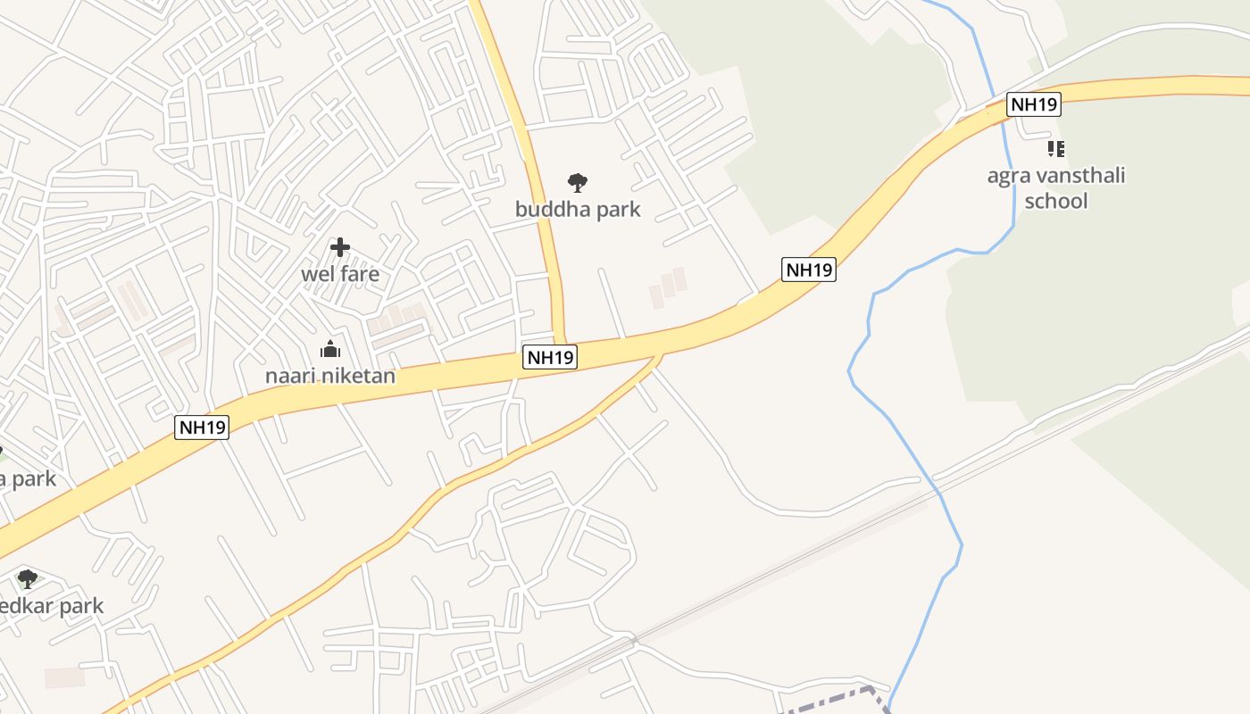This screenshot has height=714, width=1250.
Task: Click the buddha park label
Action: click(x=578, y=210)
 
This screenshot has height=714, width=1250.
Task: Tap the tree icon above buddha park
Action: click(x=578, y=183)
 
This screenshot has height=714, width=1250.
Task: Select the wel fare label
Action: click(x=339, y=274)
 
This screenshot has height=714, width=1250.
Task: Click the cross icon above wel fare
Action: click(x=339, y=247)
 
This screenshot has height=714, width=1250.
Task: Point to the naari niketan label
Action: click(x=330, y=376)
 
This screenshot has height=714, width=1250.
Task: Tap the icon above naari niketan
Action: click(x=330, y=349)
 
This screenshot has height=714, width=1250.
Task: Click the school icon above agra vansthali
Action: click(x=1056, y=148)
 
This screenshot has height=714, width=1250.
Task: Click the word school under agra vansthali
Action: click(x=1056, y=201)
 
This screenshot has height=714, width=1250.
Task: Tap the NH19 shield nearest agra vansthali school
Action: click(x=1033, y=104)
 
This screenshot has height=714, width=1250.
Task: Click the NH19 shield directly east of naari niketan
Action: click(x=550, y=358)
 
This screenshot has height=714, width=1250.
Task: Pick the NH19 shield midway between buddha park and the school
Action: click(x=808, y=270)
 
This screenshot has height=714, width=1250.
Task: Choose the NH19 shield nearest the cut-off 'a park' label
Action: click(x=203, y=428)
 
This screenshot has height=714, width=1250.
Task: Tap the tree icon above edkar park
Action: click(x=28, y=578)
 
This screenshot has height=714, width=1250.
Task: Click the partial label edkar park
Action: click(x=52, y=606)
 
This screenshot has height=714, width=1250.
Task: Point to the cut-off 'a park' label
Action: click(x=28, y=478)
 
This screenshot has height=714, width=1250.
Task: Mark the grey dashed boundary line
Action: click(x=830, y=701)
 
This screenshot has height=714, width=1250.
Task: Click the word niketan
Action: click(x=362, y=376)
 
